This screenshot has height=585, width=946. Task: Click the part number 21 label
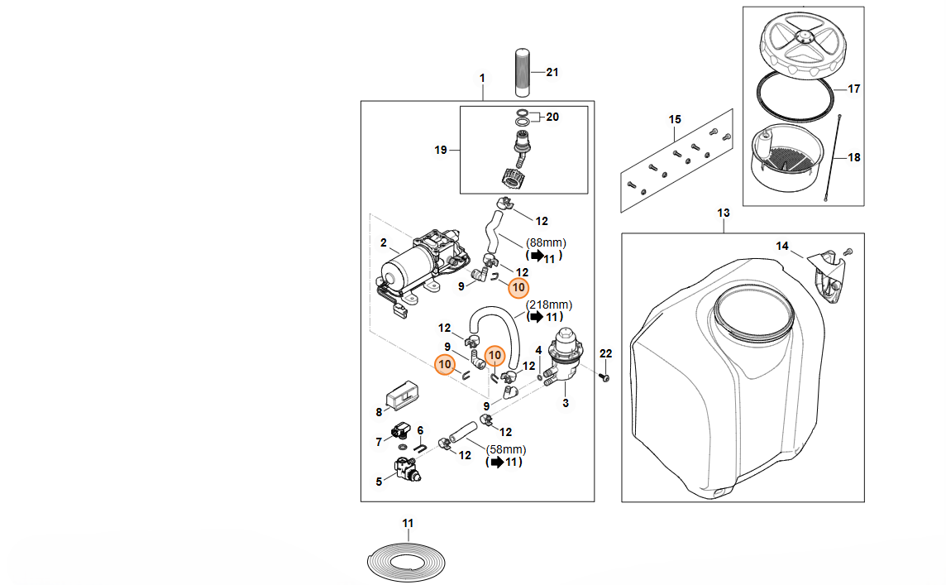tap(552, 72)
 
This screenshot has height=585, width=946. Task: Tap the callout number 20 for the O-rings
tap(552, 117)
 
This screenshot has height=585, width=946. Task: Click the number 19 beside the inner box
tap(441, 150)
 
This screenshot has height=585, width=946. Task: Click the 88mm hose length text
tap(546, 242)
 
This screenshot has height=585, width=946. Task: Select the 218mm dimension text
tap(548, 304)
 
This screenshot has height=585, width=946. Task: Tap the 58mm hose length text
tap(506, 449)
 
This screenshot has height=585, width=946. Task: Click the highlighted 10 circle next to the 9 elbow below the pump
tap(518, 287)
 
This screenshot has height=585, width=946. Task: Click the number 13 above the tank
tap(724, 213)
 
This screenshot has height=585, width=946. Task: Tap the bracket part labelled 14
tap(828, 269)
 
